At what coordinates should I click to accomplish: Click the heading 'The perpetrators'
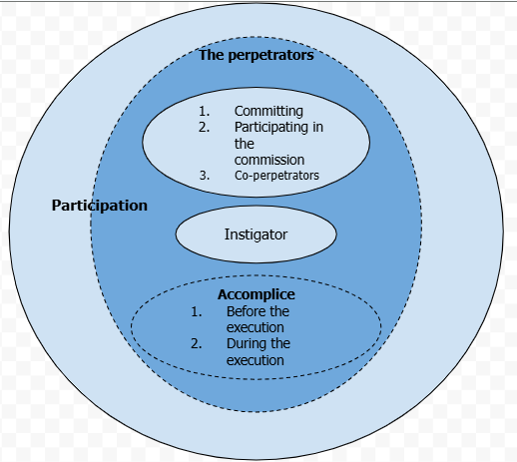(x=257, y=55)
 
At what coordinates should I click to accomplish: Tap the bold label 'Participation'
(x=100, y=206)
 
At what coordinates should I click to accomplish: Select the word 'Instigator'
(x=256, y=234)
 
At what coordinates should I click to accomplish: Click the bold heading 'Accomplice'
(x=257, y=294)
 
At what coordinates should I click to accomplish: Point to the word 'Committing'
(x=268, y=112)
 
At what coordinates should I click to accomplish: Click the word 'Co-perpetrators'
(x=276, y=176)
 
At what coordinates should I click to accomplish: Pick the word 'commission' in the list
(x=269, y=160)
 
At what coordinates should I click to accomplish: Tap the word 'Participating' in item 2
(x=271, y=128)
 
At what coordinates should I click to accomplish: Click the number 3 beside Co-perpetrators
(x=205, y=176)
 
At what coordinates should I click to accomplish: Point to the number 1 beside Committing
(x=204, y=111)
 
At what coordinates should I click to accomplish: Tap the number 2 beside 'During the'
(x=196, y=343)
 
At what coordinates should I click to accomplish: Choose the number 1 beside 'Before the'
(x=197, y=311)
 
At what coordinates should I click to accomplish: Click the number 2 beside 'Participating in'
(x=204, y=127)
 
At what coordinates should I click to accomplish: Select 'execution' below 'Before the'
(x=256, y=327)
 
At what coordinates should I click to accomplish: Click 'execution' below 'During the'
(x=256, y=360)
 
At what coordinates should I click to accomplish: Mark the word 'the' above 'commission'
(x=245, y=144)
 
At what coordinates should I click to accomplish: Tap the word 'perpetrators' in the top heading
(x=270, y=56)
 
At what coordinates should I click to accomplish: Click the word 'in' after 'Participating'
(x=317, y=127)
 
